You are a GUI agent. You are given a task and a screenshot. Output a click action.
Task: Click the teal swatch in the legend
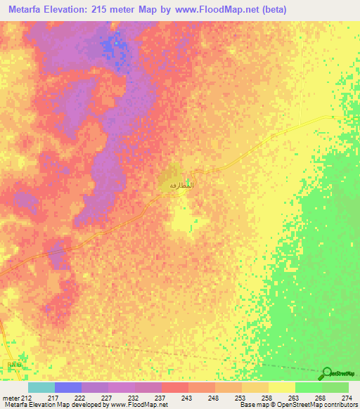pos(41,387)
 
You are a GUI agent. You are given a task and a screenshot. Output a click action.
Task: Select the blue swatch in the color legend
pos(67,387)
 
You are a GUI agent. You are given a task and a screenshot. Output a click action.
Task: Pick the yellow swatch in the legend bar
pos(281,387)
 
